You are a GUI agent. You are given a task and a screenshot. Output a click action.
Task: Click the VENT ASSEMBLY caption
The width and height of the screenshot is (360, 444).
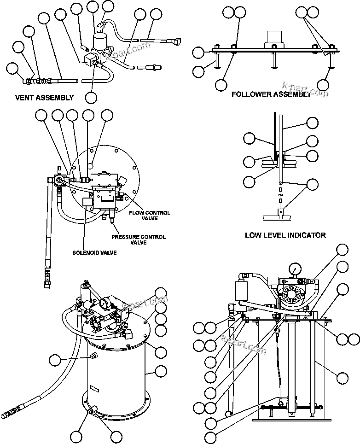pyautogui.click(x=44, y=97)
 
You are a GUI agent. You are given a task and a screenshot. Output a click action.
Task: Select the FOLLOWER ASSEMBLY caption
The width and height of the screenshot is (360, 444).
pyautogui.click(x=270, y=94)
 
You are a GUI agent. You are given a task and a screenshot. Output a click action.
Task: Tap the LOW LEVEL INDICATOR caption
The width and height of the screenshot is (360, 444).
pyautogui.click(x=285, y=235)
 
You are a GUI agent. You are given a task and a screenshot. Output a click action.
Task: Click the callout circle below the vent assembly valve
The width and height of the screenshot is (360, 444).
pyautogui.click(x=91, y=97)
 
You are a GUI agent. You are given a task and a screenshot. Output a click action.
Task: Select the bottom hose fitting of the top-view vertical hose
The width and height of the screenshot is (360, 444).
pyautogui.click(x=46, y=280)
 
